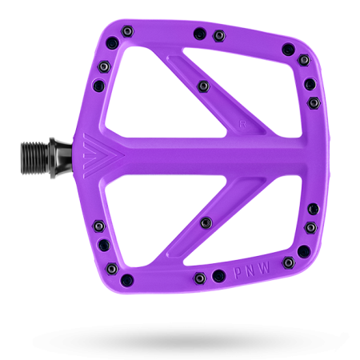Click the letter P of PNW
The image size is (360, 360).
click(x=238, y=273)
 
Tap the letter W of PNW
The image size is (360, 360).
click(x=264, y=267)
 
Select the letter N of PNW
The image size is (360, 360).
click(x=250, y=270)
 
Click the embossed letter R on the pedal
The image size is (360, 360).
click(x=242, y=124)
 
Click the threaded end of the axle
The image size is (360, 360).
click(x=35, y=158)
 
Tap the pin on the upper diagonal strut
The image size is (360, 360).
click(x=203, y=86)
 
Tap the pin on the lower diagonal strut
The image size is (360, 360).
click(x=206, y=222)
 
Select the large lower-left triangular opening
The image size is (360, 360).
click(x=154, y=216)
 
